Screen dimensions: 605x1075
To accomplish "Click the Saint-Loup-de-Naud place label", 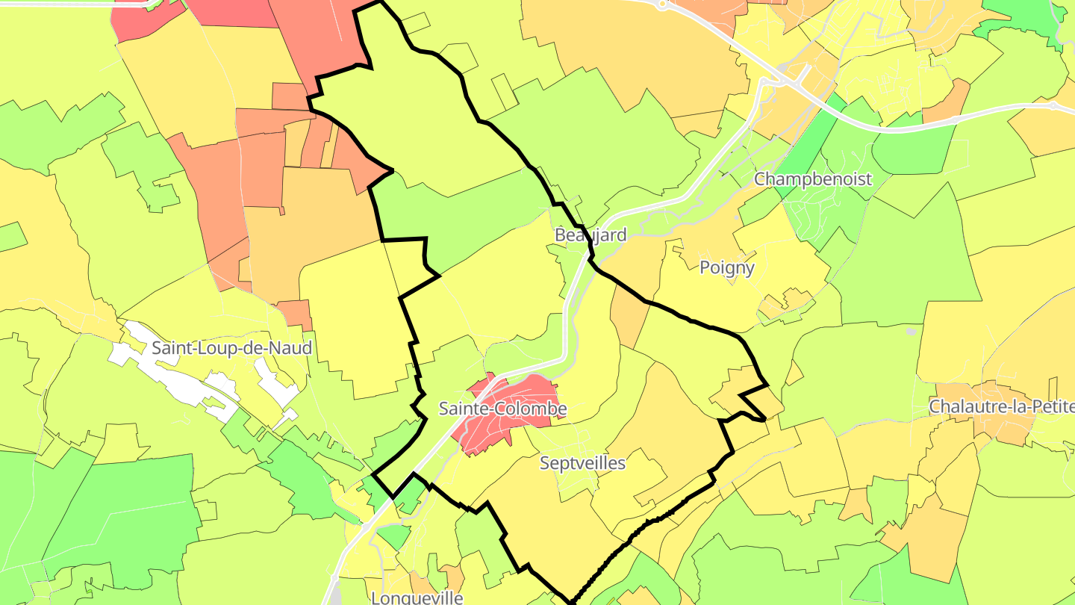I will point(231,348).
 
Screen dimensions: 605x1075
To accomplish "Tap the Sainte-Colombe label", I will point(502,409).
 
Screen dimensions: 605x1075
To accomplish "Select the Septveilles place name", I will point(582,463).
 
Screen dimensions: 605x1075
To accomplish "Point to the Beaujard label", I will point(590,235).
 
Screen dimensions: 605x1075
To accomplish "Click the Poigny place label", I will point(727,267).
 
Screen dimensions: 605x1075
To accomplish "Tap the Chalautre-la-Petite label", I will point(1001,407).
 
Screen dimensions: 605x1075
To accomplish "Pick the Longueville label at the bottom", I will point(417,598).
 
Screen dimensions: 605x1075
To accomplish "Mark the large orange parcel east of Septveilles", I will point(672,418).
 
